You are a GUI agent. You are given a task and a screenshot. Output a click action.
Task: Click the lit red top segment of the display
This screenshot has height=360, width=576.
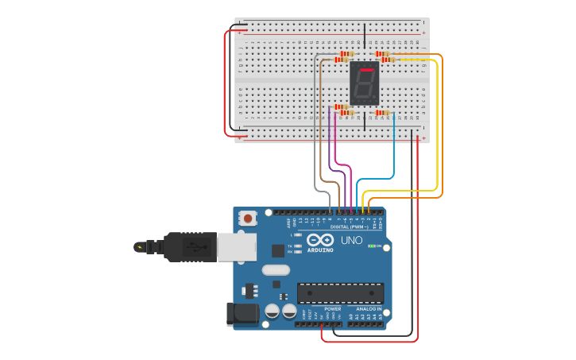click(x=365, y=70)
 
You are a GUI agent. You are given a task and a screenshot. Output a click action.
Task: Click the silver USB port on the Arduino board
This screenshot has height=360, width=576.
click(x=236, y=246)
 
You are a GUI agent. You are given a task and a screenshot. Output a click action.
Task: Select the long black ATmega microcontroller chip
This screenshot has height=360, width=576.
click(x=340, y=292)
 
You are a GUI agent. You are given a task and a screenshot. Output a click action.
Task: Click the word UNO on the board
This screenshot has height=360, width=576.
click(x=351, y=240)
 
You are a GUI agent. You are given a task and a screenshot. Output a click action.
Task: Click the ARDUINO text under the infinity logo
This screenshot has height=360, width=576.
click(x=321, y=250)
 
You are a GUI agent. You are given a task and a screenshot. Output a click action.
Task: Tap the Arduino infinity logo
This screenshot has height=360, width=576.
click(x=320, y=239)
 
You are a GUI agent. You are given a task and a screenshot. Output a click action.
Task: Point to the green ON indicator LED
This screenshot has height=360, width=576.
click(x=373, y=246)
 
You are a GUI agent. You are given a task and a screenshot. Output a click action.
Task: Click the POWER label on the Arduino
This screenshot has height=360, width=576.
click(x=333, y=308)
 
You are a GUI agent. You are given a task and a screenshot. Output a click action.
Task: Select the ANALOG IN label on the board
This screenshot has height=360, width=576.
click(x=369, y=308)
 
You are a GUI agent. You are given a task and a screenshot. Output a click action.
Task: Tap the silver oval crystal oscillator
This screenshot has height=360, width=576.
click(x=276, y=269)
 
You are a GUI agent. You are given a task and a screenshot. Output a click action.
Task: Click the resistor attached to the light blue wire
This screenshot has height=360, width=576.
click(x=383, y=113)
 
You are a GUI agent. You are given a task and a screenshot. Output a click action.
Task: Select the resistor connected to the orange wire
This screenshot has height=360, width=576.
click(x=382, y=54)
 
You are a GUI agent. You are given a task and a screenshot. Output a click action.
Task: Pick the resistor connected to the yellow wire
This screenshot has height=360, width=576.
click(x=388, y=60)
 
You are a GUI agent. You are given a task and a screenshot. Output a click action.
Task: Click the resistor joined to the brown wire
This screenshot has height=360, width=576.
click(x=342, y=60)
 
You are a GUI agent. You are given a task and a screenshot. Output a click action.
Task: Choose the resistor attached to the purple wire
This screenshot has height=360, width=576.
click(x=341, y=107)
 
